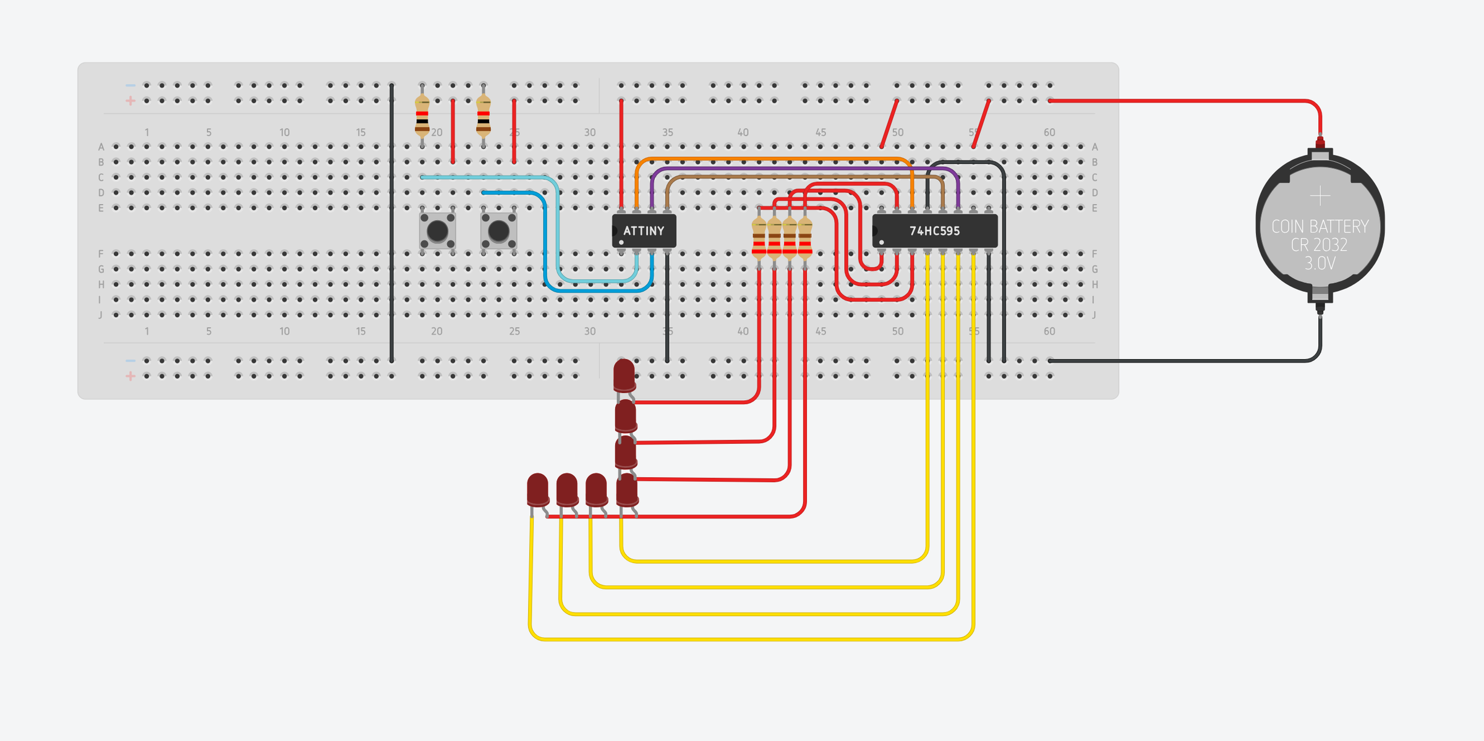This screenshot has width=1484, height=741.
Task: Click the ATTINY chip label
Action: click(x=644, y=231)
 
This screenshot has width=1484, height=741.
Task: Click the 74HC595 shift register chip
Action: click(x=934, y=231)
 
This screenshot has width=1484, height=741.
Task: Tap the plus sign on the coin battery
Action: click(x=1320, y=196)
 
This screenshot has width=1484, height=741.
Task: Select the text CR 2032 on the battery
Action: click(x=1320, y=245)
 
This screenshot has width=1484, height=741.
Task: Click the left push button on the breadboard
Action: click(x=437, y=231)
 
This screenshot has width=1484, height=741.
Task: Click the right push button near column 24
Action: click(x=498, y=231)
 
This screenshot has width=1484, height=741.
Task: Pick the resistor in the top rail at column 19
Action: click(x=422, y=116)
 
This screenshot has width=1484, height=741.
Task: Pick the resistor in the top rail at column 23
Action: click(x=484, y=116)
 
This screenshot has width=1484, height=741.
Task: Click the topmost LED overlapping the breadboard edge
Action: click(x=624, y=375)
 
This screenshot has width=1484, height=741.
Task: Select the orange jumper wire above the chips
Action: click(x=773, y=159)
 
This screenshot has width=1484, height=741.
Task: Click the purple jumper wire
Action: click(x=804, y=168)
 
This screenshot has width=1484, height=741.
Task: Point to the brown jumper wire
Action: click(x=804, y=177)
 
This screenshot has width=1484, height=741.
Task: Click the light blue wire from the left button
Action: click(x=488, y=177)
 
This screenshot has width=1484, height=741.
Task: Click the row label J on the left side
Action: click(x=101, y=315)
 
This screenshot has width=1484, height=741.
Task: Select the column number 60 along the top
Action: click(x=1049, y=132)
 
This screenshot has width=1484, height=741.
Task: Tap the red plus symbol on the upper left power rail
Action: click(x=130, y=101)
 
